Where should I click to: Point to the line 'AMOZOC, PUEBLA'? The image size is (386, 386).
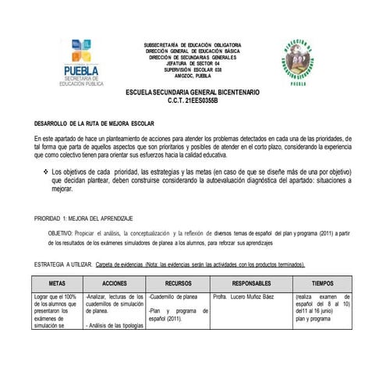[x=193, y=76]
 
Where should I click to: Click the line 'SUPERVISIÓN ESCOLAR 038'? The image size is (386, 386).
[x=193, y=69]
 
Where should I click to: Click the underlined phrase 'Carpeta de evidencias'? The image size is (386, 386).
[x=122, y=264]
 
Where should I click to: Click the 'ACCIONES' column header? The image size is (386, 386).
[x=114, y=283]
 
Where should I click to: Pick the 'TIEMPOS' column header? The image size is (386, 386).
[x=322, y=283]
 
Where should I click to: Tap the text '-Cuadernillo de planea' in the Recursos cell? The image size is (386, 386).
[x=173, y=297]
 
